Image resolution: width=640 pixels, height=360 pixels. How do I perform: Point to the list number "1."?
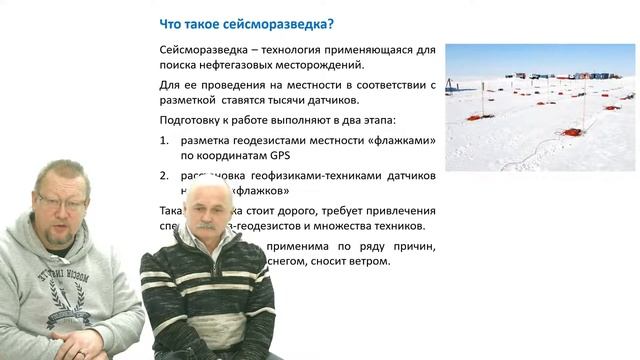[x=166, y=141]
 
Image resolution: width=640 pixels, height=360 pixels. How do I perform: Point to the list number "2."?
[x=166, y=175]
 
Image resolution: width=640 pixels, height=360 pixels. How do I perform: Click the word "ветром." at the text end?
[x=367, y=262]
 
